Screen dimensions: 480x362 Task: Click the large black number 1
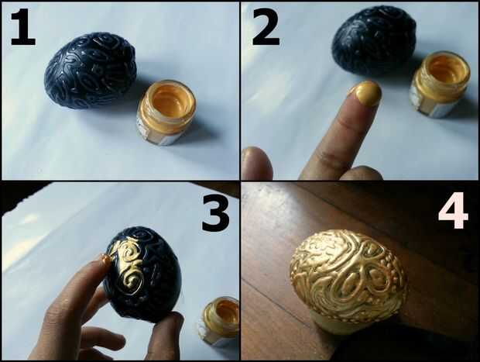click(23, 28)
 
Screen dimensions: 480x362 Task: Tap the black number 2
click(266, 28)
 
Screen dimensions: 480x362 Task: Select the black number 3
click(216, 214)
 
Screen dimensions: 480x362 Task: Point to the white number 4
click(454, 211)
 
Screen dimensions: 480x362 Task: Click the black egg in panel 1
click(91, 70)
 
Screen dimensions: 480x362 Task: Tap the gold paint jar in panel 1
click(166, 112)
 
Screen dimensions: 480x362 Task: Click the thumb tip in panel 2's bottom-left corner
click(256, 163)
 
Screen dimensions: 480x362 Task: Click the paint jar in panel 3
click(220, 322)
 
